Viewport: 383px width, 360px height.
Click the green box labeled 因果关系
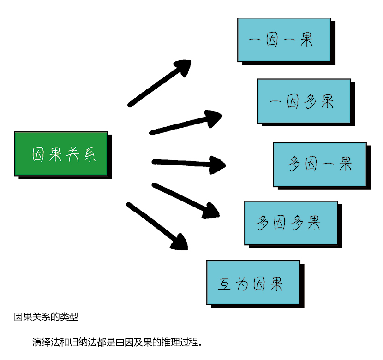point(61,153)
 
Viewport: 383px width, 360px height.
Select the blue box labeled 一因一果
point(284,40)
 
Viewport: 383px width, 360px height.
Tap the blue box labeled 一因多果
point(304,101)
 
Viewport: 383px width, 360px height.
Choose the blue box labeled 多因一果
point(319,164)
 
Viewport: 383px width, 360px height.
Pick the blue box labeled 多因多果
point(291,223)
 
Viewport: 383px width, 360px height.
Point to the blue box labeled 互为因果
point(253,283)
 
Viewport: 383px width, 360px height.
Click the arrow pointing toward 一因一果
point(159,83)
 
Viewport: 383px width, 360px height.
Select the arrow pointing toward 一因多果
point(185,123)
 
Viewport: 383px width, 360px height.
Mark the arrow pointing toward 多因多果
point(185,199)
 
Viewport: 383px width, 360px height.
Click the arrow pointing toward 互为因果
point(157,226)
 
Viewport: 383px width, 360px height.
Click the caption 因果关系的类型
point(46,317)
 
